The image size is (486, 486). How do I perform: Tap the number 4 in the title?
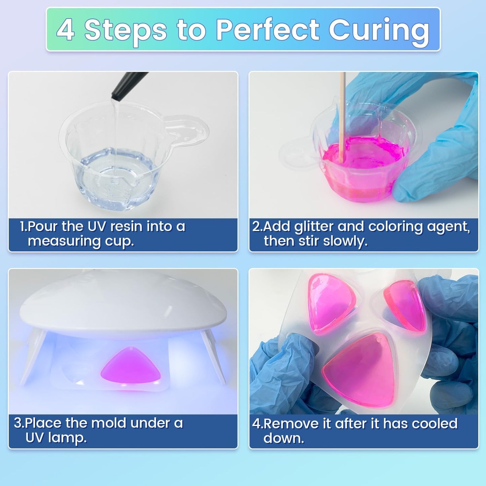point(65,30)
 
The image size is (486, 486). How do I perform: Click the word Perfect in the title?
point(268,30)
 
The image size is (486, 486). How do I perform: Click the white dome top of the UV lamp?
point(123,308)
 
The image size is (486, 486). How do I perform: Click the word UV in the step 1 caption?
point(97,226)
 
